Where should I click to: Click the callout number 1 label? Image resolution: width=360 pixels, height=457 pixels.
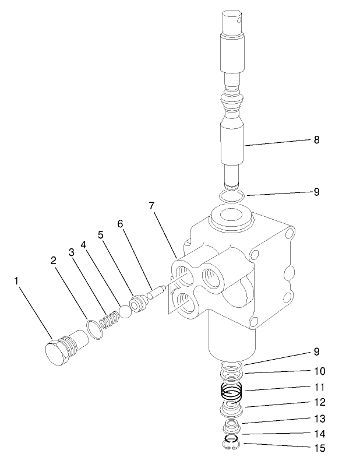[x=16, y=281]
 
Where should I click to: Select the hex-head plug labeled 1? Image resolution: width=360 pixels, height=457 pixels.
[x=61, y=351]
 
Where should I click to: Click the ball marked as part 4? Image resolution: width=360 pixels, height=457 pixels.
[x=124, y=313]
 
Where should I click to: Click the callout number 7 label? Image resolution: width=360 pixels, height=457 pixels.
[x=151, y=206]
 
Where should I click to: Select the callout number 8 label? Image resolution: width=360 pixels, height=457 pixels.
[x=316, y=140]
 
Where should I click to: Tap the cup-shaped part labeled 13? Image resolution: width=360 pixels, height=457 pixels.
[x=232, y=424]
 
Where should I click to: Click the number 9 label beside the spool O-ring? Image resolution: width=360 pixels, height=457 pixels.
[x=316, y=191]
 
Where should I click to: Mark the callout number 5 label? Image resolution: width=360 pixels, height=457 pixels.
[x=101, y=235]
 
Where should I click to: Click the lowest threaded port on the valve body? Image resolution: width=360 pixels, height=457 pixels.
[x=184, y=304]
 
